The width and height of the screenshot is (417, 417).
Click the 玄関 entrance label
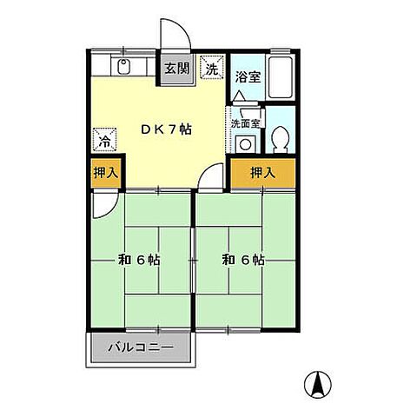(x=177, y=69)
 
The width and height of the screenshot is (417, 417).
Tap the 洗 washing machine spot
(x=212, y=67)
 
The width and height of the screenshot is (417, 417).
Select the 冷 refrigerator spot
(x=104, y=140)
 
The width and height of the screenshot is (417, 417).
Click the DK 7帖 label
(x=166, y=129)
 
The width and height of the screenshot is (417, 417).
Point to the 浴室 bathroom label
(x=248, y=77)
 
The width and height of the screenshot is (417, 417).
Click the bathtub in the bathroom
(x=281, y=77)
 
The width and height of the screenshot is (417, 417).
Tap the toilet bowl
(x=281, y=139)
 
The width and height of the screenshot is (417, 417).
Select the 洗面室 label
(x=245, y=123)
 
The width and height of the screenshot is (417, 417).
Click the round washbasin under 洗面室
(x=245, y=144)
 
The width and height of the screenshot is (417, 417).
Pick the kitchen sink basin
(x=123, y=66)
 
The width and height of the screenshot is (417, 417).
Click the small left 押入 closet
(x=106, y=173)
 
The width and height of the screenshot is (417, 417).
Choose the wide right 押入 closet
(x=263, y=173)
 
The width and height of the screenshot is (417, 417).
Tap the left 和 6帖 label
(x=139, y=260)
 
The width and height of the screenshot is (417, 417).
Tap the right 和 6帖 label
(x=243, y=260)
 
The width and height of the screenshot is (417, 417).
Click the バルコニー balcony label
(x=141, y=347)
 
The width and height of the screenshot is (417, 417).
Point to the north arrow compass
(x=318, y=384)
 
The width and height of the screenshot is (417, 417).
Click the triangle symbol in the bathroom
(x=239, y=96)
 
